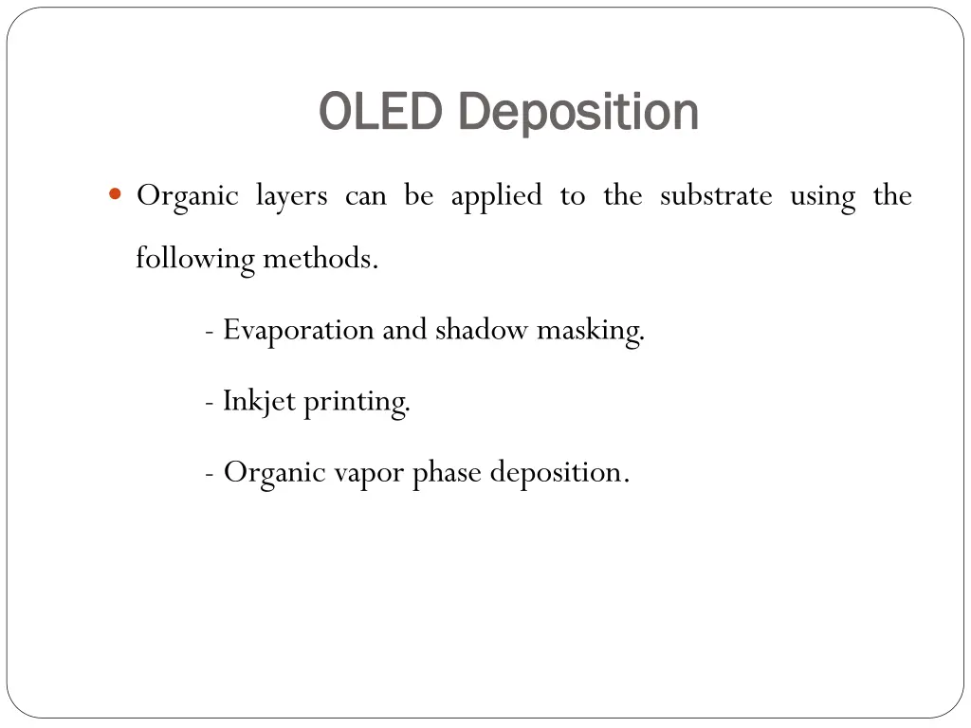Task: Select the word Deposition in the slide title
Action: (x=577, y=112)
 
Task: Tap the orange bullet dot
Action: (x=116, y=195)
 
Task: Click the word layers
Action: (x=291, y=196)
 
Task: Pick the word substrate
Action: (x=716, y=196)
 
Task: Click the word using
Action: (x=822, y=196)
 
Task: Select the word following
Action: (x=194, y=258)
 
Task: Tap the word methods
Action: (x=321, y=258)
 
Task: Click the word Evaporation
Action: (x=299, y=330)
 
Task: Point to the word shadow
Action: (x=482, y=330)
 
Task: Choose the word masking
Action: (x=591, y=330)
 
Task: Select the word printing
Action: (x=357, y=402)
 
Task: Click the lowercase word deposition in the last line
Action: (x=559, y=472)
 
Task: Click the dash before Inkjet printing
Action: (x=208, y=402)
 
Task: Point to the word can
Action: (x=365, y=196)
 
